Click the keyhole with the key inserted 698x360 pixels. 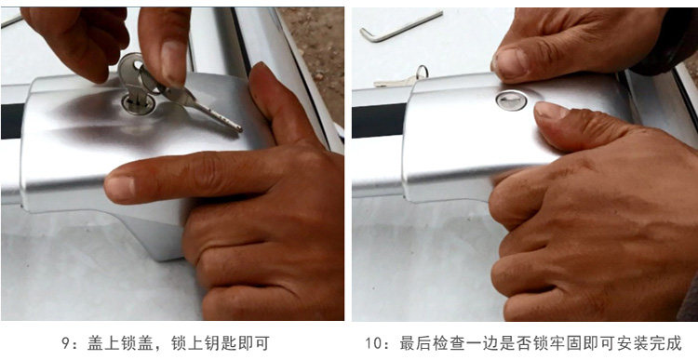(139, 104)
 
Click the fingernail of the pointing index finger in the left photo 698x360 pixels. (120, 187)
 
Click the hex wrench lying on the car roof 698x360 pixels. (400, 27)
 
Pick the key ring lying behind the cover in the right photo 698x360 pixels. (422, 72)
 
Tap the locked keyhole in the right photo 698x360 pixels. (512, 100)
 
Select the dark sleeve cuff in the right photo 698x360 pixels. (664, 46)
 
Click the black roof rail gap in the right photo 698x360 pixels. (380, 121)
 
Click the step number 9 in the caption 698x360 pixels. (65, 343)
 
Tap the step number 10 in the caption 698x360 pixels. (375, 343)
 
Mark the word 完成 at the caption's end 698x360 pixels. (666, 343)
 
